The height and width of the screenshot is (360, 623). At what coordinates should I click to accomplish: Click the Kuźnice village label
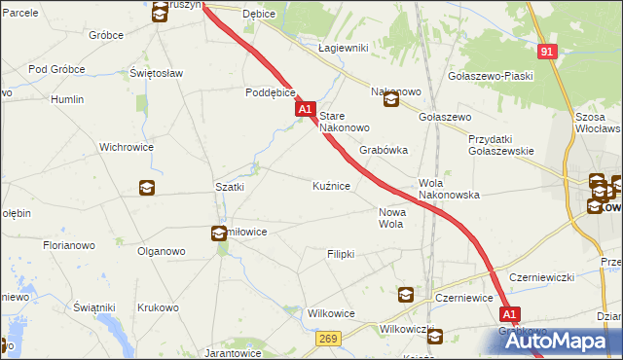(x=331, y=185)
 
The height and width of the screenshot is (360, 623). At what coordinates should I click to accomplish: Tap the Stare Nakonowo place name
(x=345, y=122)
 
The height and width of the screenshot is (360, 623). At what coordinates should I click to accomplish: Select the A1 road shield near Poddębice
(x=306, y=111)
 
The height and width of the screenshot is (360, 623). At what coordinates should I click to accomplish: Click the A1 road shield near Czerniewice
(x=511, y=314)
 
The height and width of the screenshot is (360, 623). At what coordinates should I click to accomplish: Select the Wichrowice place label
(x=124, y=148)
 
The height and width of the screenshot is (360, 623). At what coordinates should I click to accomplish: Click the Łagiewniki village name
(x=342, y=47)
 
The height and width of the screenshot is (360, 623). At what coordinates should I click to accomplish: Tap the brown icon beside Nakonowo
(x=391, y=100)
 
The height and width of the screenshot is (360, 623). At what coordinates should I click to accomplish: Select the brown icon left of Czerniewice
(x=406, y=295)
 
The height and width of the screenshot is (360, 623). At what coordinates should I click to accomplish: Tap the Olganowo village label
(x=162, y=251)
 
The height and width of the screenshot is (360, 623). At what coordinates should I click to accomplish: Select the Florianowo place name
(x=68, y=246)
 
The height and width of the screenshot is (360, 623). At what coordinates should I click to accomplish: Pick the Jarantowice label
(x=233, y=353)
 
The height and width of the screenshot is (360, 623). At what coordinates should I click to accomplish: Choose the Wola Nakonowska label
(x=449, y=189)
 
